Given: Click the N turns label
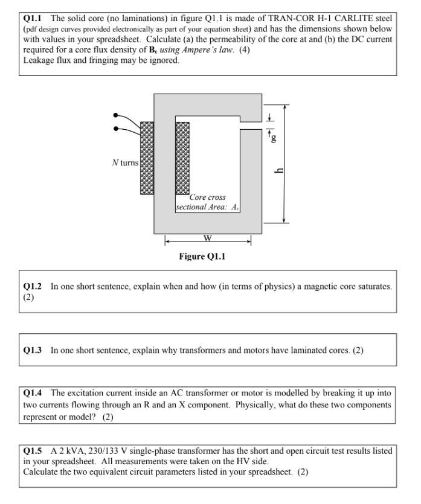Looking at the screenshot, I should coord(125,163).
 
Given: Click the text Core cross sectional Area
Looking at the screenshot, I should coord(199,202).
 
